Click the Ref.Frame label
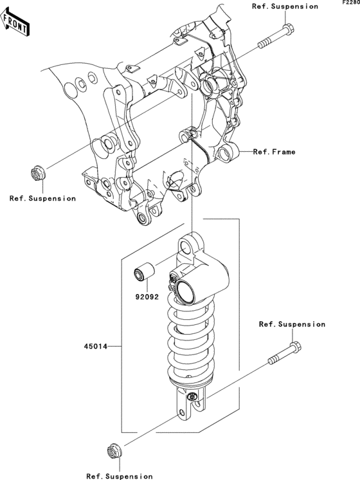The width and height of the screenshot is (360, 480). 274,152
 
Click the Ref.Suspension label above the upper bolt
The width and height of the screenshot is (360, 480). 285,6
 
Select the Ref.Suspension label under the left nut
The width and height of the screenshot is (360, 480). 42,198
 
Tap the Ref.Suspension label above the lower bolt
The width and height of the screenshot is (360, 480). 292,324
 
